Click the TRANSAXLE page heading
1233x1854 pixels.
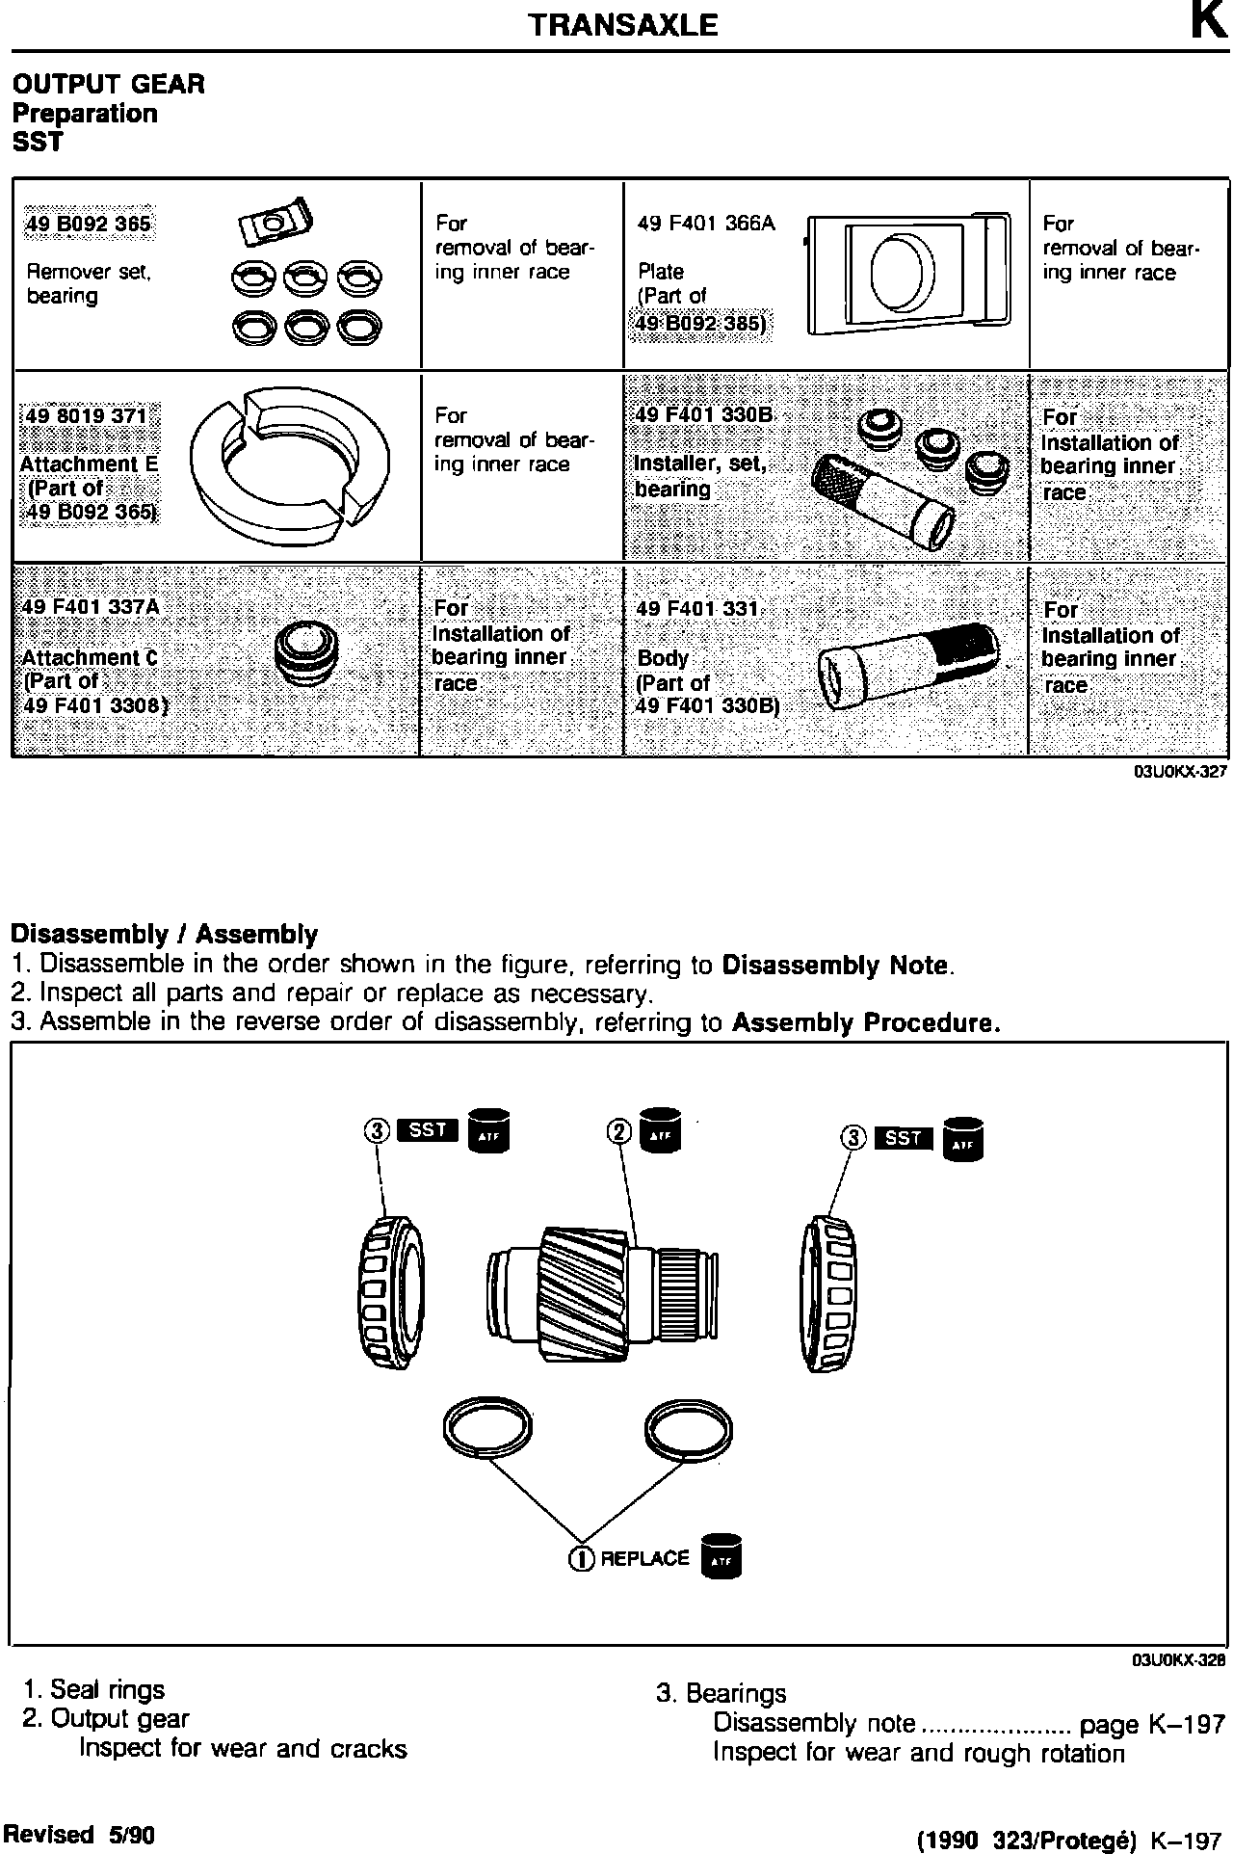pyautogui.click(x=623, y=25)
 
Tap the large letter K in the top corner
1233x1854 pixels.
pyautogui.click(x=1207, y=21)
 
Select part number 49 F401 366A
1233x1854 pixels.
pyautogui.click(x=706, y=225)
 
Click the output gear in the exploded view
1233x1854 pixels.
pyautogui.click(x=603, y=1290)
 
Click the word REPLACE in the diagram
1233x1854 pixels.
pyautogui.click(x=644, y=1558)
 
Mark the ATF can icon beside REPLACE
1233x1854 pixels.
pyautogui.click(x=721, y=1555)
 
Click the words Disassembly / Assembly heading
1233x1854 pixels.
pyautogui.click(x=164, y=934)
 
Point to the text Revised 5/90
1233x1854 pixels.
pyautogui.click(x=79, y=1834)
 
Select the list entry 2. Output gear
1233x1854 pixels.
pyautogui.click(x=106, y=1718)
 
